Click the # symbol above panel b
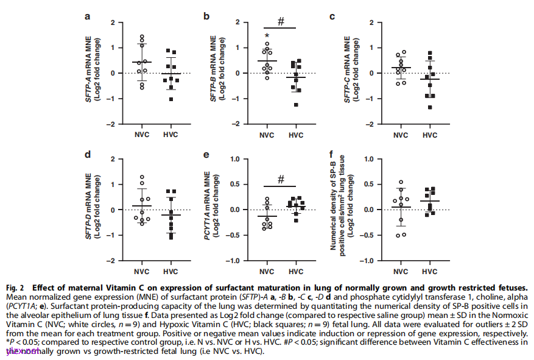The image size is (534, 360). click(281, 21)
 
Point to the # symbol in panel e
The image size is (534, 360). click(281, 180)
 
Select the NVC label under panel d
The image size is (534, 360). click(142, 271)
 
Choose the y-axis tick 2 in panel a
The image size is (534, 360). click(113, 23)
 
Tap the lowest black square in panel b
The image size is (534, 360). click(296, 105)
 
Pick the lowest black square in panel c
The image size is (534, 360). click(430, 107)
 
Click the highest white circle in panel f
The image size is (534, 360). click(401, 182)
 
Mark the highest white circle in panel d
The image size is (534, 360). click(142, 177)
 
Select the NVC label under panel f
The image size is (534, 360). click(401, 271)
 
